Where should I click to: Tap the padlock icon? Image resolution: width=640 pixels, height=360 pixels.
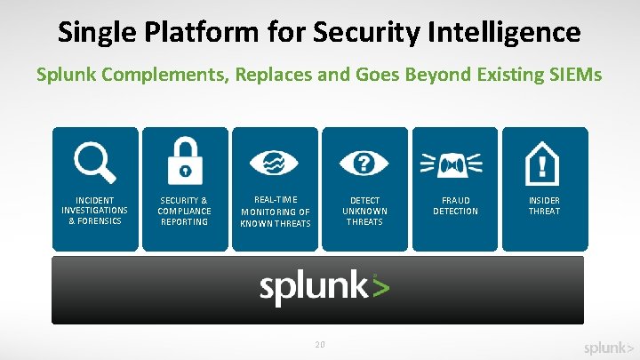[x=185, y=160]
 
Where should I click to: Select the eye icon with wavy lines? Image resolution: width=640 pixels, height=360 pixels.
[x=275, y=163]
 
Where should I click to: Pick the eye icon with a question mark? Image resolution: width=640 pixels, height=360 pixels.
[x=364, y=163]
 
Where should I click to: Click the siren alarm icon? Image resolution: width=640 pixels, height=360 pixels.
[x=454, y=163]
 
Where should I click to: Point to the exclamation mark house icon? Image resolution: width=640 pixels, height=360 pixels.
[x=544, y=163]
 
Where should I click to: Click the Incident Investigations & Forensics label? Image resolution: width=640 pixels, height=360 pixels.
[x=95, y=211]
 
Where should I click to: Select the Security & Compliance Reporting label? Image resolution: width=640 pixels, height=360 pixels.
[x=185, y=211]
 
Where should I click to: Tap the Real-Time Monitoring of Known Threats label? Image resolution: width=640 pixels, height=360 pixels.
[x=275, y=212]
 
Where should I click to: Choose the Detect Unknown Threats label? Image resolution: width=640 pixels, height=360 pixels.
[x=364, y=211]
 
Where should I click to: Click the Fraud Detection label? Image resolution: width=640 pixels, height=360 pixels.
[x=455, y=205]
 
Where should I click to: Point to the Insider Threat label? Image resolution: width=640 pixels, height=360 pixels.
[x=544, y=205]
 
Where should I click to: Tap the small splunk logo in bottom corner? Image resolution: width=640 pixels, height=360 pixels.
[x=609, y=348]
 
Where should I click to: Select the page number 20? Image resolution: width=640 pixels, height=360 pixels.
[x=319, y=344]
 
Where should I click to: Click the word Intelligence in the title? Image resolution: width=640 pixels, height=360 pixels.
[x=505, y=33]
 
